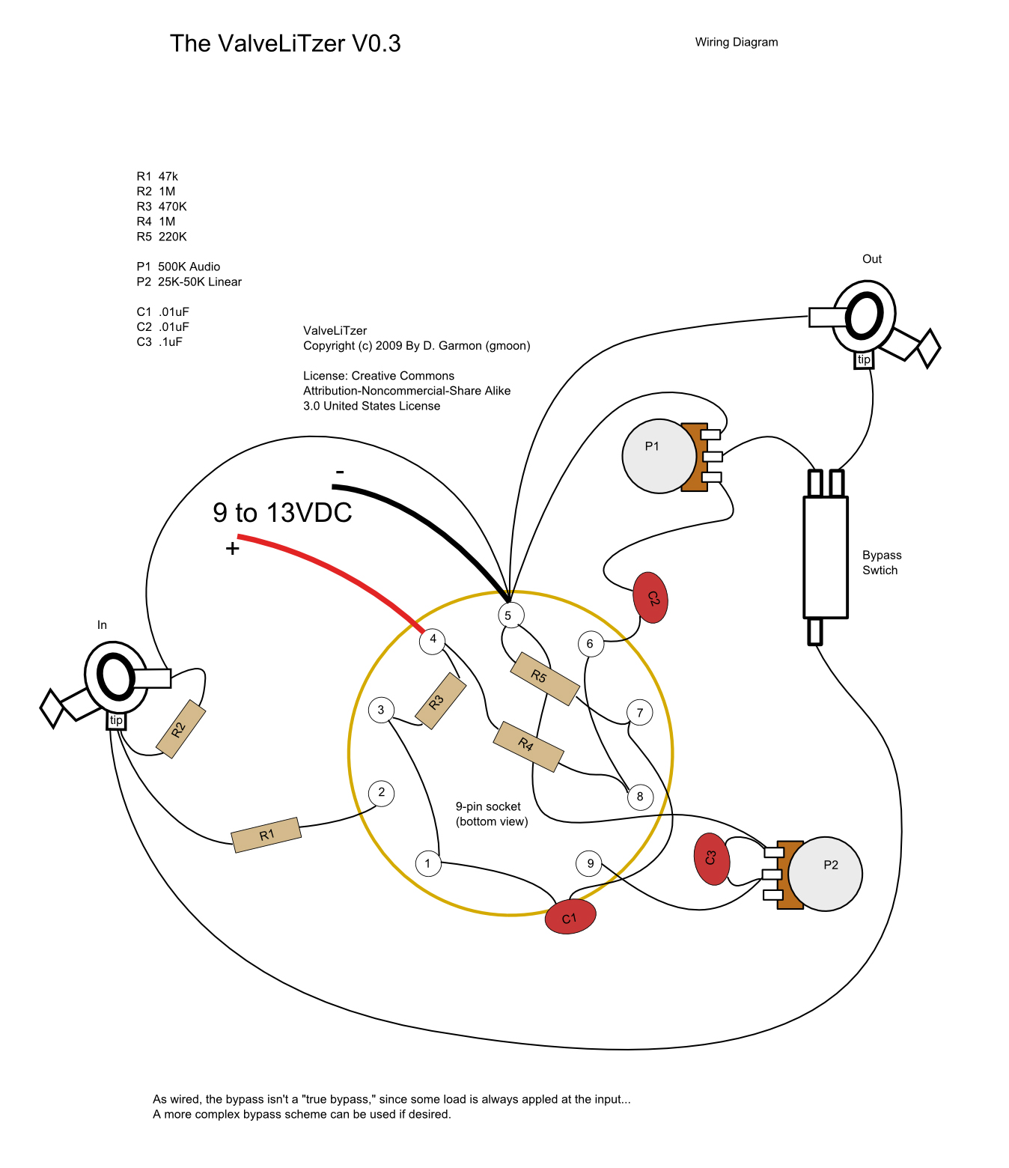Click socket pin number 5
coord(508,615)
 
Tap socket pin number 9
coord(590,863)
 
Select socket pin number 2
coord(382,792)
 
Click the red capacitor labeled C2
coord(650,598)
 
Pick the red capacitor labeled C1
coord(570,917)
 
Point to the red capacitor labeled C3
coord(711,859)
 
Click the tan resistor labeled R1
coord(266,835)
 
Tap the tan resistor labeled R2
coord(180,729)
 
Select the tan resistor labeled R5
coord(544,678)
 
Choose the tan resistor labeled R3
coord(440,701)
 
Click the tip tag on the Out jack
coord(864,360)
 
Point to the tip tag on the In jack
coord(116,720)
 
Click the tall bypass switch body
coord(825,557)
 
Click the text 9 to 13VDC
coord(282,513)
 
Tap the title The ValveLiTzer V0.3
coord(285,43)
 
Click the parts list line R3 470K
coord(162,207)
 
